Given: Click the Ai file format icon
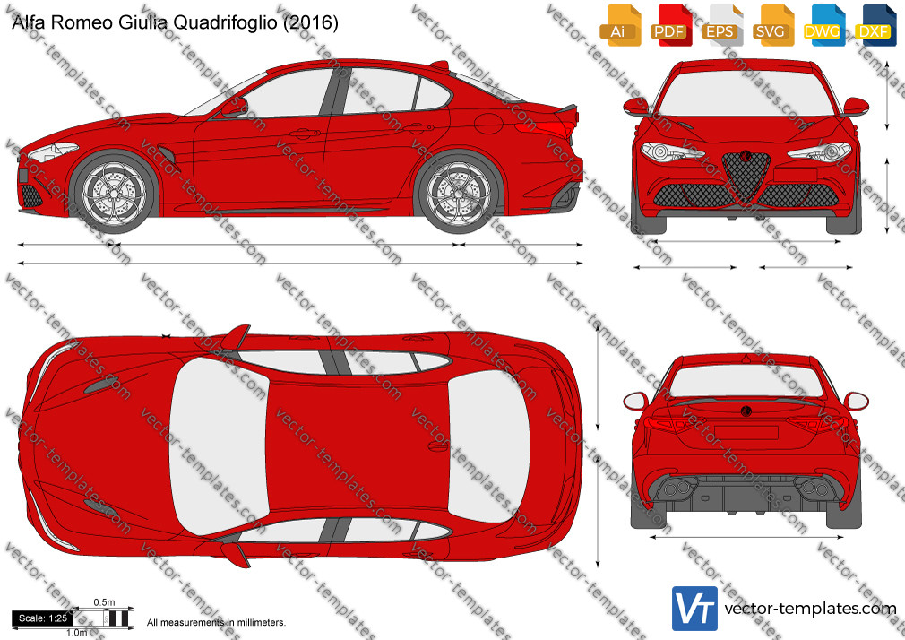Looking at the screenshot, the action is pos(620,25).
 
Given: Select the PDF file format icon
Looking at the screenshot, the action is pos(671,25).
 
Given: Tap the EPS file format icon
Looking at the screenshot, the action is pos(721,25).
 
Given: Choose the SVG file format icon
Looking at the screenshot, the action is pos(772,25).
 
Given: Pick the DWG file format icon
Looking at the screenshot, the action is pos(823,25).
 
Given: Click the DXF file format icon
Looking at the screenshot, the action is pos(875,25).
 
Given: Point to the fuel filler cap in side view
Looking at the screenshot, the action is pos(489,124).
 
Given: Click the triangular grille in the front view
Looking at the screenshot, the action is pos(746,175).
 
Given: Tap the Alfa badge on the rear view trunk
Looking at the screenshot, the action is pos(746,411).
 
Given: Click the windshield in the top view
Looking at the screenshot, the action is pos(218,445).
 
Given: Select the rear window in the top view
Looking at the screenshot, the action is pos(488,445).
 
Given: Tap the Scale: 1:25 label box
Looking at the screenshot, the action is pos(43,618).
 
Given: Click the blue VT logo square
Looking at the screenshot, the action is pos(694,609).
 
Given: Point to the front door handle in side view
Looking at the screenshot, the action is pos(305,134).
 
